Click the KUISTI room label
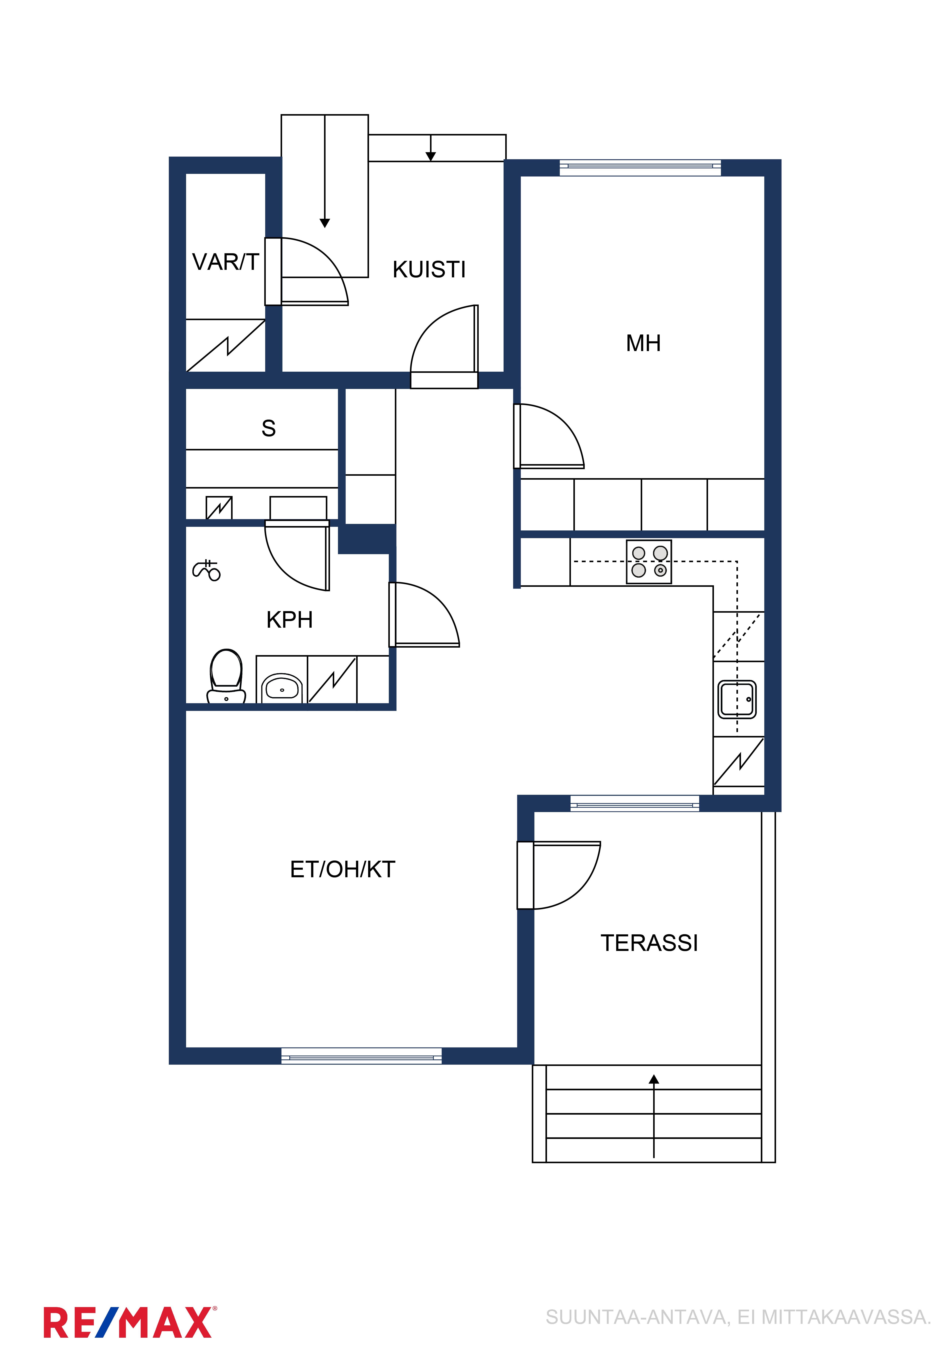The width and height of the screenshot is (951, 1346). point(429,270)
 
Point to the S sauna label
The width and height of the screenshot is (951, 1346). point(268,429)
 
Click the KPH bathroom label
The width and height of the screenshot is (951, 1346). point(290,620)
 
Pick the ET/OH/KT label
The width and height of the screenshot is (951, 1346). point(343,869)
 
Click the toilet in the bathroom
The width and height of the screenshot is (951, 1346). point(226,676)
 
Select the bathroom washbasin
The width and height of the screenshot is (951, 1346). point(282,688)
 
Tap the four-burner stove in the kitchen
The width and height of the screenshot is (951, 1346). point(649,562)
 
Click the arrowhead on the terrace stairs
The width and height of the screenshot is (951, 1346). point(654,1079)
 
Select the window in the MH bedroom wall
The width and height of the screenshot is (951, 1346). point(640,168)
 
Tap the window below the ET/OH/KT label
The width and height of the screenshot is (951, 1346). point(361,1056)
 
